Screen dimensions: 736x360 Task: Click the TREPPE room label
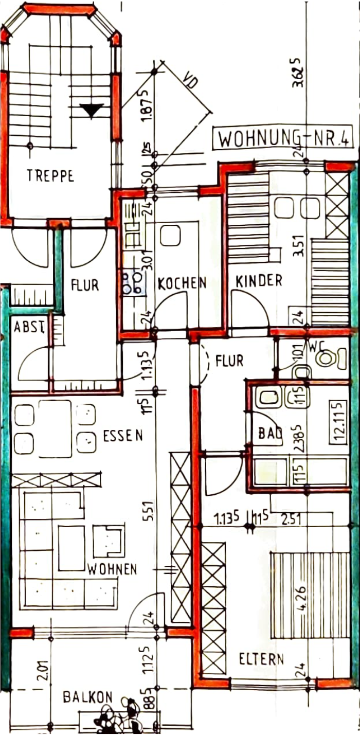50,176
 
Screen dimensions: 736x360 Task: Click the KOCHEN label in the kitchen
182,283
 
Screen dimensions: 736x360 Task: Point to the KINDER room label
259,281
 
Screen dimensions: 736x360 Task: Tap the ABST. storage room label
28,327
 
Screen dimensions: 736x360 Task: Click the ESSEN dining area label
123,436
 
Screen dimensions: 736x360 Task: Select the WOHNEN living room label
112,569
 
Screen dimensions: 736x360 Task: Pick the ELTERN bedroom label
261,659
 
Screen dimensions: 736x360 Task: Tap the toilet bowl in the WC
327,357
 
